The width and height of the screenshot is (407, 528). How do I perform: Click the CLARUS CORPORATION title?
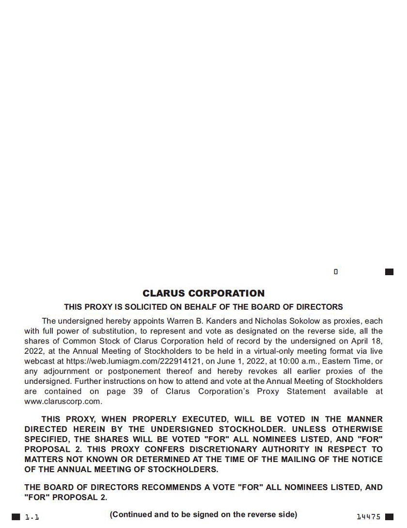click(x=203, y=293)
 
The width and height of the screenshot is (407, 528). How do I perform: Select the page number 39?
click(x=138, y=391)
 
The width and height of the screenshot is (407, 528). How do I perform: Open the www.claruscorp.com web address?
click(x=63, y=401)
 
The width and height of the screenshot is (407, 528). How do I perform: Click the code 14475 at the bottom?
click(x=368, y=517)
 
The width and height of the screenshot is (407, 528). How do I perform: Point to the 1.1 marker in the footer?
click(x=32, y=517)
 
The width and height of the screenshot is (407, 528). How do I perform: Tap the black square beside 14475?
click(x=389, y=517)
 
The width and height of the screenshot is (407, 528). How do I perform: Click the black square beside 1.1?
click(x=16, y=517)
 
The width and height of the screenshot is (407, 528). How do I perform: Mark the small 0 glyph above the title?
click(x=336, y=272)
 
